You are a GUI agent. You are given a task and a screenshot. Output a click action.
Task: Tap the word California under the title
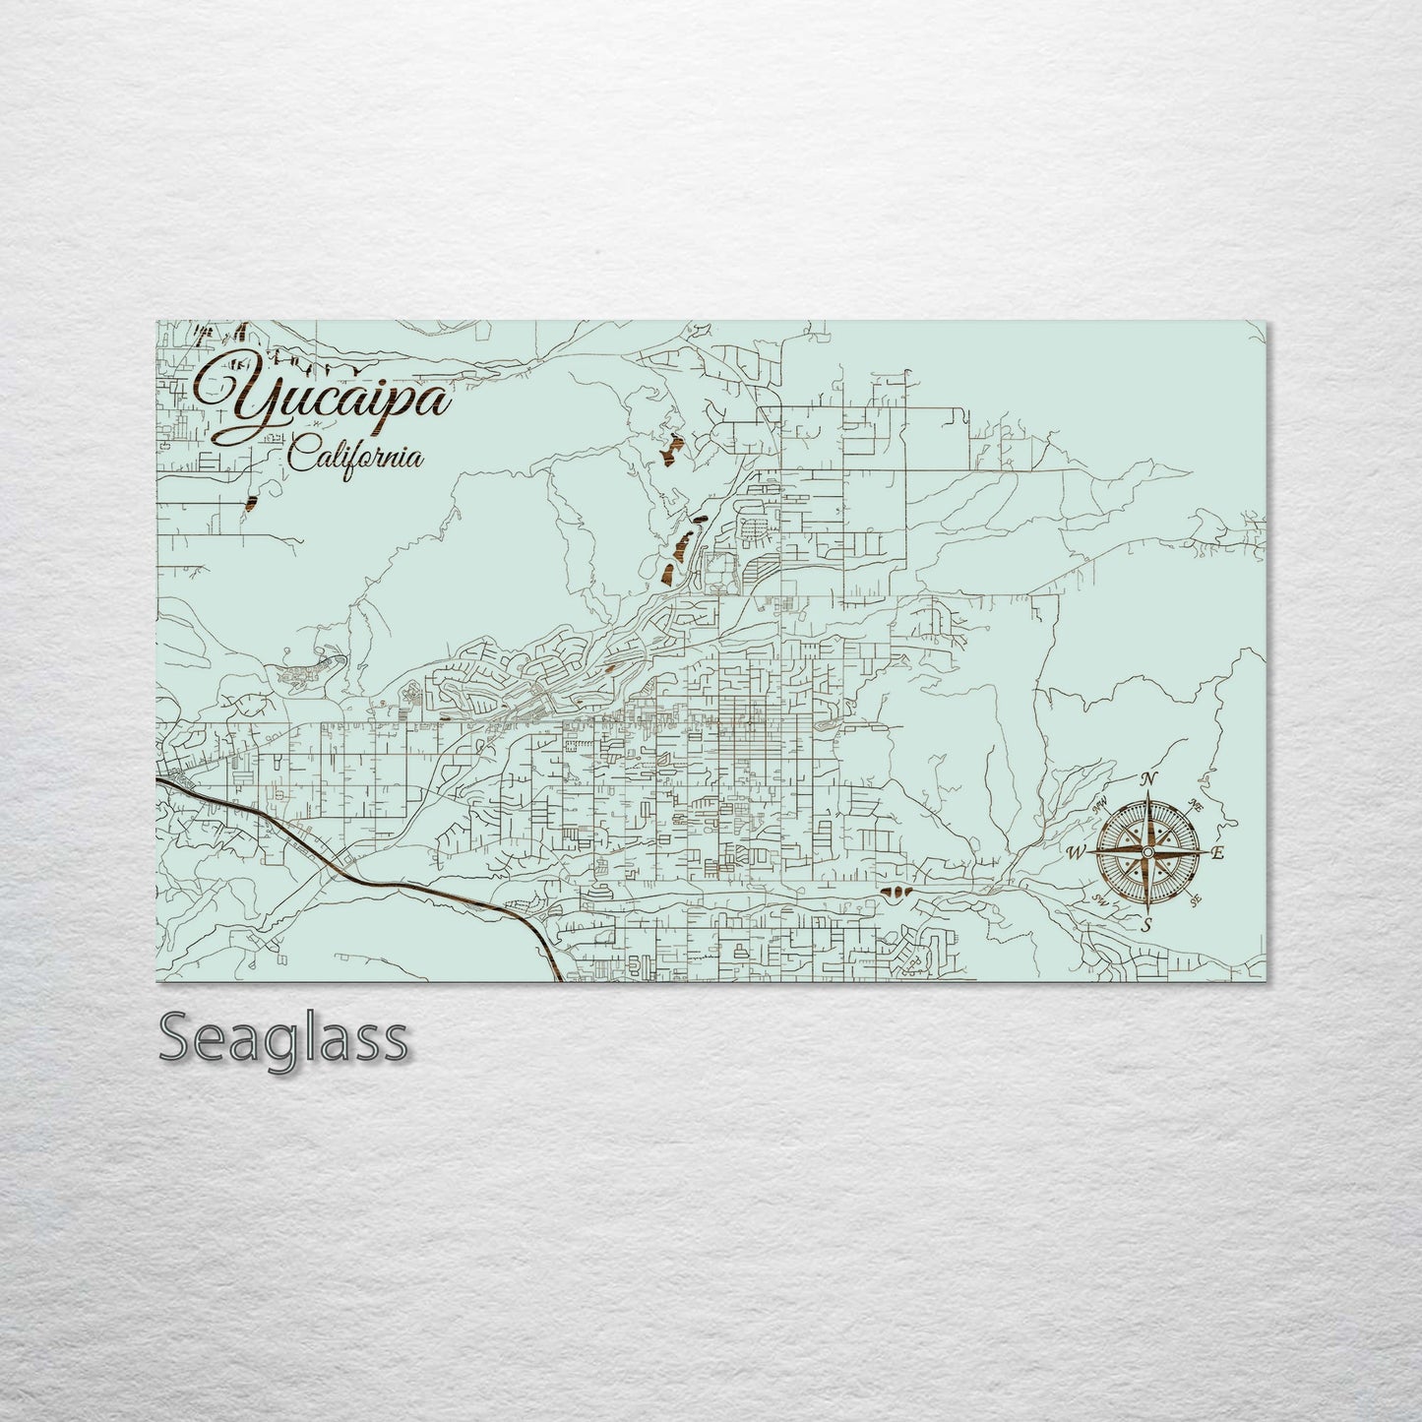coord(356,457)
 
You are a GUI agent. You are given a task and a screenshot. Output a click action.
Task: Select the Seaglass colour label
coord(282,1038)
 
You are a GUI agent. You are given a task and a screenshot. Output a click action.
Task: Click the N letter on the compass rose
coord(1147,780)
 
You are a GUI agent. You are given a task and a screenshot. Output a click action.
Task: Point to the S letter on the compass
coord(1146,924)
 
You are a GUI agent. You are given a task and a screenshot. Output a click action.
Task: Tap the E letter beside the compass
coord(1217,853)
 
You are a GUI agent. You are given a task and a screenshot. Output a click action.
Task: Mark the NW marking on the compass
coord(1100,806)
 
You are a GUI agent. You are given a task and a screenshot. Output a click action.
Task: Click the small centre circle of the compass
coord(1147,853)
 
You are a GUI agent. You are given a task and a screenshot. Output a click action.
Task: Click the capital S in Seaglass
coord(176,1038)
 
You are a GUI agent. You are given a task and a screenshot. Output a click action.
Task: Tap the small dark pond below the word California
coord(251,503)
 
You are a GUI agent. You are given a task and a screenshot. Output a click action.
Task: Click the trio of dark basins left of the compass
coord(895,893)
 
